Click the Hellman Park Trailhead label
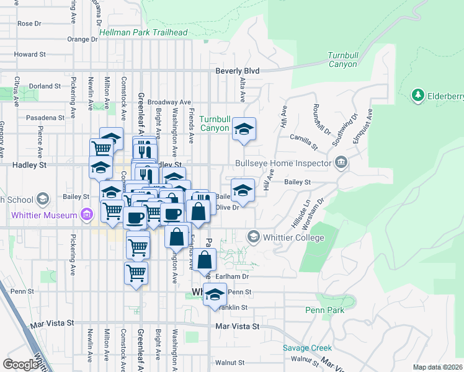[143, 32]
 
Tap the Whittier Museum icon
[87, 216]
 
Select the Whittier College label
[293, 237]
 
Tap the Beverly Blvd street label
[237, 71]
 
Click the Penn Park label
[324, 309]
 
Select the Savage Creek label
[308, 348]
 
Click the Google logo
[20, 365]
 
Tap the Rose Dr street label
[29, 24]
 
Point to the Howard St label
[26, 55]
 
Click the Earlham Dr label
[236, 276]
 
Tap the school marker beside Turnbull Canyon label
[244, 129]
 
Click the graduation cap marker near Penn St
[215, 294]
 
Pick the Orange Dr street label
[83, 39]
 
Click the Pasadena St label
[45, 117]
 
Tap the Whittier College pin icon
[253, 237]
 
